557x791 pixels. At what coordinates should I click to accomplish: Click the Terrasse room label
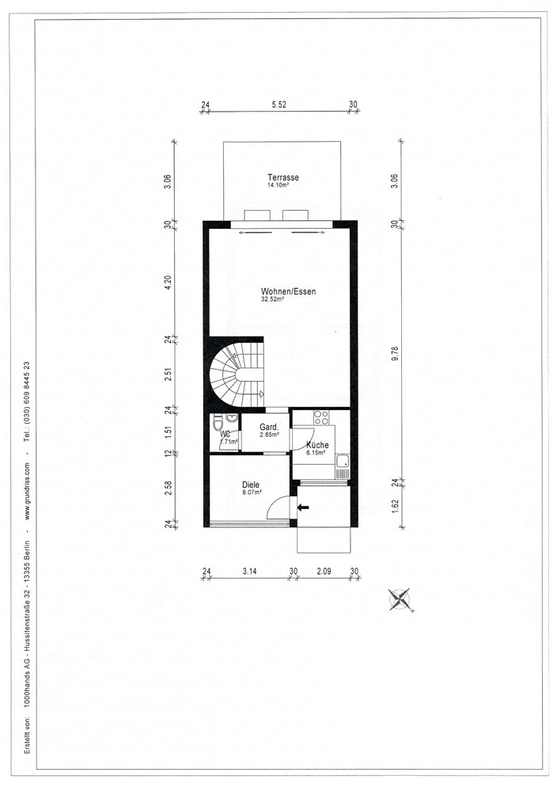[x=282, y=177]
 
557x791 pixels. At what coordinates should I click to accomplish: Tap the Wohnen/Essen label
[x=288, y=291]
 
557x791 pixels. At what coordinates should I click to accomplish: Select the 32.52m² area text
[x=273, y=299]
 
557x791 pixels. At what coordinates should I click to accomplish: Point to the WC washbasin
[x=232, y=418]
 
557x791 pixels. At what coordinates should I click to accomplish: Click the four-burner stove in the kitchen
[x=321, y=418]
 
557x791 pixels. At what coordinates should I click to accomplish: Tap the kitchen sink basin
[x=343, y=461]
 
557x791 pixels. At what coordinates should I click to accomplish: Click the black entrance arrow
[x=303, y=507]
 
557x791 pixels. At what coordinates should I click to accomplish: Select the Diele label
[x=251, y=485]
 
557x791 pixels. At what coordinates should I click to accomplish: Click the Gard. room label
[x=269, y=428]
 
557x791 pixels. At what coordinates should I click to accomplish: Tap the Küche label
[x=317, y=445]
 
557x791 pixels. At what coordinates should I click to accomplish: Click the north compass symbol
[x=400, y=599]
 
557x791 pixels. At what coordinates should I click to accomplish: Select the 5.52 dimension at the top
[x=278, y=105]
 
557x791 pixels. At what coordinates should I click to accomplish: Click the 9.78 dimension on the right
[x=395, y=352]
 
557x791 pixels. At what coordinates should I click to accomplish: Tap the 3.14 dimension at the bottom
[x=249, y=571]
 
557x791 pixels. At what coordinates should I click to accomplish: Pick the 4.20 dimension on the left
[x=169, y=282]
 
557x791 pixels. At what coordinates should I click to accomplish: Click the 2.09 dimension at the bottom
[x=324, y=571]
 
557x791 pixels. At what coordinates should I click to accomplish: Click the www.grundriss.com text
[x=27, y=491]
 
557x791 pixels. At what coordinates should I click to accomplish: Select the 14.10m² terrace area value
[x=278, y=185]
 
